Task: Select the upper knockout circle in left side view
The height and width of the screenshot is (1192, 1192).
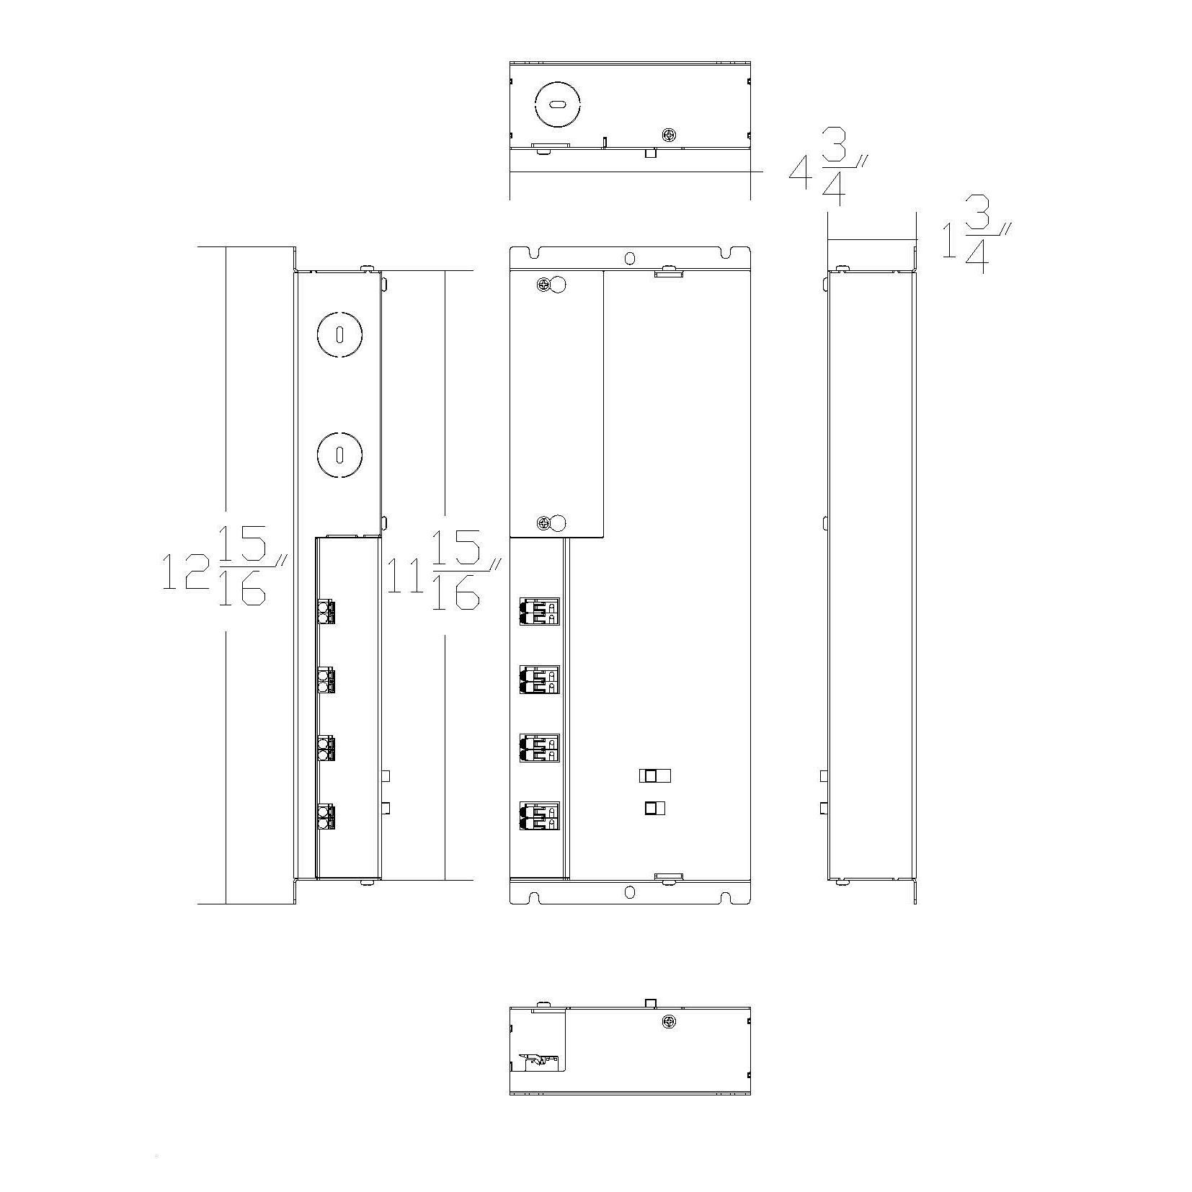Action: point(339,334)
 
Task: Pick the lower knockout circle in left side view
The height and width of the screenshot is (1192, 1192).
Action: point(339,454)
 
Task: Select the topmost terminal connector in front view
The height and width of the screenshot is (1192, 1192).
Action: point(539,611)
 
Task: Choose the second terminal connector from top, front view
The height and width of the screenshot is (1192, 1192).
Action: point(539,680)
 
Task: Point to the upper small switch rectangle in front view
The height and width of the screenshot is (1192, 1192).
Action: point(654,775)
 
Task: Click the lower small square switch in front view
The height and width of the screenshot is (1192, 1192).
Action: point(654,808)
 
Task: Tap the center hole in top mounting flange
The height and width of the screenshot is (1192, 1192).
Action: point(630,258)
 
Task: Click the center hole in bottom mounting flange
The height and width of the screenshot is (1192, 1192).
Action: point(630,892)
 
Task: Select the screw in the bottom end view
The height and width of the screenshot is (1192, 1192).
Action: point(670,1022)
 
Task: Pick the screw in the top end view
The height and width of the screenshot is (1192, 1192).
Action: point(670,134)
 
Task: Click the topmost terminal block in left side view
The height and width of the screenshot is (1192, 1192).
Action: point(326,611)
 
